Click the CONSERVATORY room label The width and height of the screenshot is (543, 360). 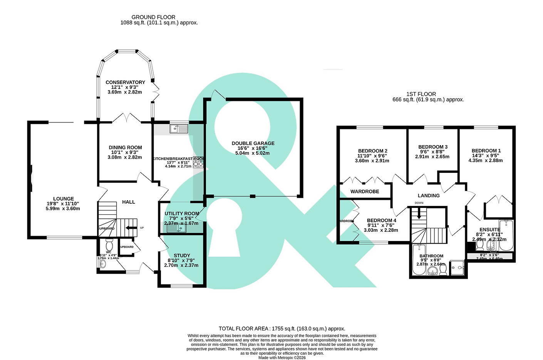click(x=125, y=82)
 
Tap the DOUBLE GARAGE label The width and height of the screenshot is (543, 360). click(x=253, y=143)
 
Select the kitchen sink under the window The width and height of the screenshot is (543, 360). click(x=179, y=129)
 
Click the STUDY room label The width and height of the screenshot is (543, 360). click(x=182, y=255)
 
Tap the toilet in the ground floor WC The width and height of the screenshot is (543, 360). click(x=109, y=245)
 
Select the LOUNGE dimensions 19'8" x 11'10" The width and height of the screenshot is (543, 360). click(x=63, y=204)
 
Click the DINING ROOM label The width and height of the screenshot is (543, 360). click(x=125, y=147)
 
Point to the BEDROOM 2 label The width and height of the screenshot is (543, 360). click(x=372, y=151)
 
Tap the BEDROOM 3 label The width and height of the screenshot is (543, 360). click(x=432, y=147)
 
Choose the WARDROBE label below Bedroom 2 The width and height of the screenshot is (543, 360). click(x=364, y=191)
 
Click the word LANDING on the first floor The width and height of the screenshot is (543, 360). click(x=428, y=196)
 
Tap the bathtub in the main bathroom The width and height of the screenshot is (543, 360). click(x=417, y=260)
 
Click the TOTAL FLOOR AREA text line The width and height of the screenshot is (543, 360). click(x=282, y=329)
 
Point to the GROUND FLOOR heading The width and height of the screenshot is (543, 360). click(x=153, y=17)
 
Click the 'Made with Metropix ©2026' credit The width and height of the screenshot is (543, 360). click(x=282, y=358)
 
